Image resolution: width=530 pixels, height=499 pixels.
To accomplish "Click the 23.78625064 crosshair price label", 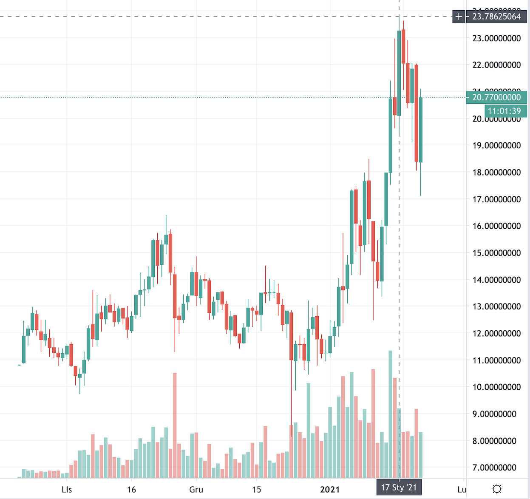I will pos(496,17).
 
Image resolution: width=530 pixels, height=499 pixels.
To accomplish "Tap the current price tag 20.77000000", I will pos(496,97).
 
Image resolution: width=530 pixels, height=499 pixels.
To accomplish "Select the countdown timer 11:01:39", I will pos(504,111).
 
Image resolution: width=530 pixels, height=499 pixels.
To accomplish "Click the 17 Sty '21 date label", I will pos(399,488).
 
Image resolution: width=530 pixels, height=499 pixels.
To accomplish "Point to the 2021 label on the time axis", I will pos(330,489).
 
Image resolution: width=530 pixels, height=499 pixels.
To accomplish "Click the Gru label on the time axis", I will pos(196,489).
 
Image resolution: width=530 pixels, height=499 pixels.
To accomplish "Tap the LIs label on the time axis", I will pos(67,489).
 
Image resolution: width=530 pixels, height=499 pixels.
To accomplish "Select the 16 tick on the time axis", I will pos(131,489).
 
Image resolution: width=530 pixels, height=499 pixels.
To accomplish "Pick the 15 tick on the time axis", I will pos(256,489).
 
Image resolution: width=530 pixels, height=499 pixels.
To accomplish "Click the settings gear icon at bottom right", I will pos(496,489).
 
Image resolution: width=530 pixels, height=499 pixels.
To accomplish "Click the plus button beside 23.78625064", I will pos(459,17).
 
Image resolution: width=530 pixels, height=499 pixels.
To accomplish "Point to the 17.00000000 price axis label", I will pos(496,199).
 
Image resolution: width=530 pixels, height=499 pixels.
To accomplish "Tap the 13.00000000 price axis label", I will pos(496,306).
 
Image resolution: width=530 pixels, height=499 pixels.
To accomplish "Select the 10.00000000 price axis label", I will pos(496,387).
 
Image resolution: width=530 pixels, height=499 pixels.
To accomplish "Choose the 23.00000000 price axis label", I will pos(496,38).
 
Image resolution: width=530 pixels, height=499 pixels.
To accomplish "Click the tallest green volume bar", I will pos(391,414).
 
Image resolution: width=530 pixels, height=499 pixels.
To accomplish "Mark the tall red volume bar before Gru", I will pos(175,425).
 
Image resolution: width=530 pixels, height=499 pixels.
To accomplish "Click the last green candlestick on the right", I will pos(421,130).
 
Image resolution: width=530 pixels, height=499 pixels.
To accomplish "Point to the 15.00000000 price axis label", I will pos(496,253).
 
